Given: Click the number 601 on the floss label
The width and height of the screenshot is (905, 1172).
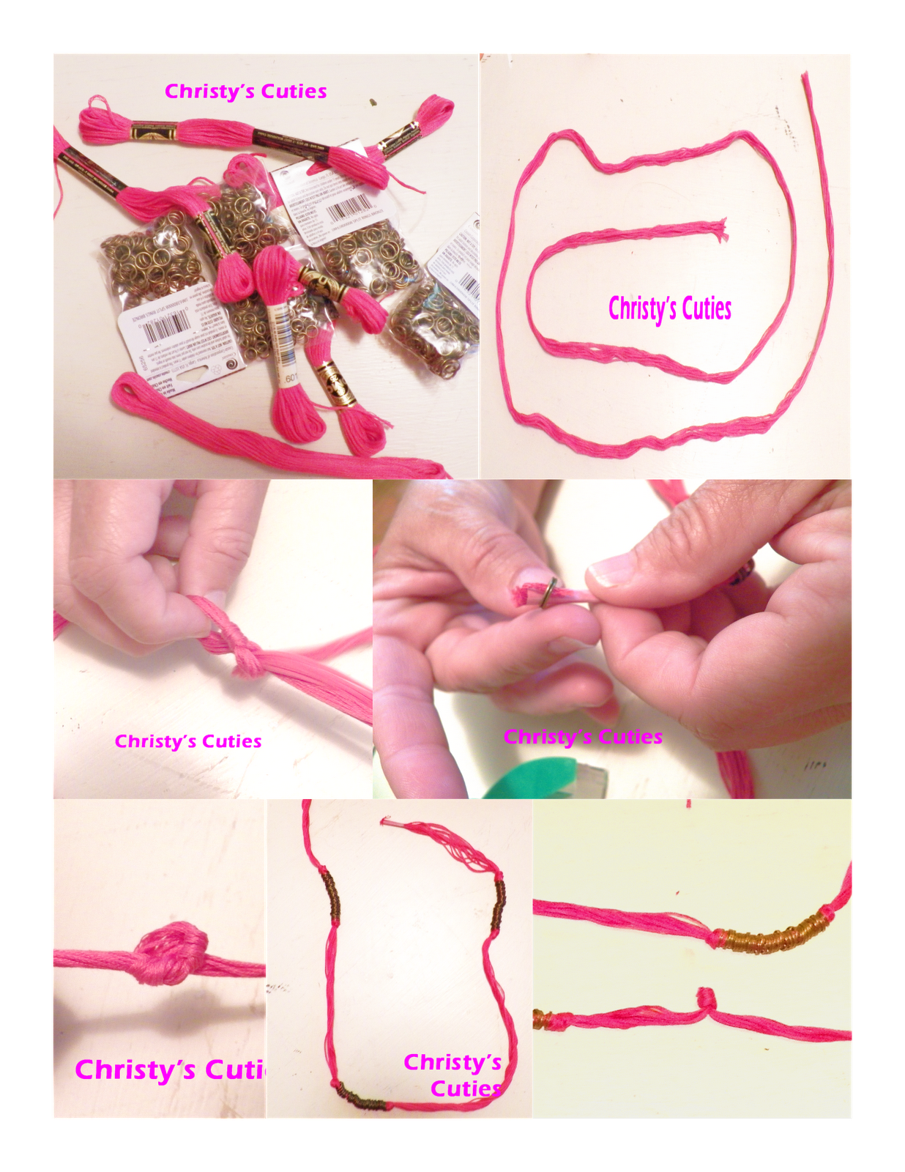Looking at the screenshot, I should click(291, 378).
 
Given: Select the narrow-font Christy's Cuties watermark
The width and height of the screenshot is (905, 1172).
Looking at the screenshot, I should click(669, 308).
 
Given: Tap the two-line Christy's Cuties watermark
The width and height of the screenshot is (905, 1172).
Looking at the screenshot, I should click(453, 1075).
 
